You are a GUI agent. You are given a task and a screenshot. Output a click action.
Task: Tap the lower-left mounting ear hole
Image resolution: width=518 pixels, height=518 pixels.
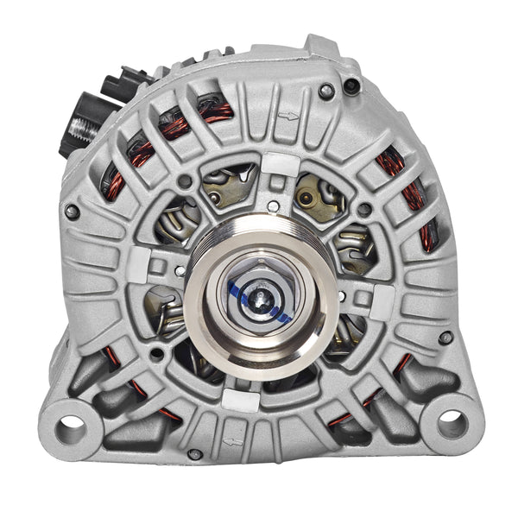70,425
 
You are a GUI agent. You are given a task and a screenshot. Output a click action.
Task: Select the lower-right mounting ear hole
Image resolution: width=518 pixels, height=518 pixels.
451,422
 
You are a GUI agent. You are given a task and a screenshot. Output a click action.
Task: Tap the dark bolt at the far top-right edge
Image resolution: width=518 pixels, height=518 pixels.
351,85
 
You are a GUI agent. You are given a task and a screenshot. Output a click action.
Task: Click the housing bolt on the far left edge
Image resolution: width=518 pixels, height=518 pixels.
73,212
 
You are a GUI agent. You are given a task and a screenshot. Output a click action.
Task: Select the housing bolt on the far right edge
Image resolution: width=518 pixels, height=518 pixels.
445,338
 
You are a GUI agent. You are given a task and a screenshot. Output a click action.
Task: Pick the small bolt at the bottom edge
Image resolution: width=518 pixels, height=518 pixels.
196,454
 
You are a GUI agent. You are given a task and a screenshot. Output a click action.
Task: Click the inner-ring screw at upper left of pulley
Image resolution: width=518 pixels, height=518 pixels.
184,182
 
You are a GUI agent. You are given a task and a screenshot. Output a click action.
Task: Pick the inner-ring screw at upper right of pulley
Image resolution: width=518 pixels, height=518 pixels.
364,210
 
